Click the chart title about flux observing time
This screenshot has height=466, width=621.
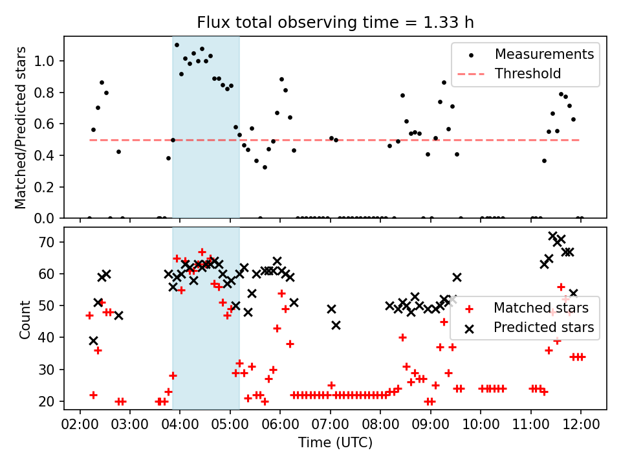(x=335, y=22)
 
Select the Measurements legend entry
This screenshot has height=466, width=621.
(x=530, y=54)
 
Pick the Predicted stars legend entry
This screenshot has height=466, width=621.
(x=530, y=327)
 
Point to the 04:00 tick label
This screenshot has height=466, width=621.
(x=180, y=425)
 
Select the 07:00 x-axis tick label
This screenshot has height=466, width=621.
(x=331, y=425)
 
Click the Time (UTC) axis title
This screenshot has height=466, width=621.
(x=336, y=442)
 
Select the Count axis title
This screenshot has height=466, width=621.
(x=25, y=320)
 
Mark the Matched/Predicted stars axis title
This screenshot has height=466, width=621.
(x=20, y=128)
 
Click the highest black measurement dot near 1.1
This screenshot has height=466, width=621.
(x=177, y=45)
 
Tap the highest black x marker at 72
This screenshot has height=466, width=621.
(x=553, y=236)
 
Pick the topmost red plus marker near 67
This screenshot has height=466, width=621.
(x=202, y=252)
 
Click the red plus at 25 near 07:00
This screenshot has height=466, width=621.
(x=331, y=385)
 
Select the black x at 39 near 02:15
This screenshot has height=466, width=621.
(x=93, y=341)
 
